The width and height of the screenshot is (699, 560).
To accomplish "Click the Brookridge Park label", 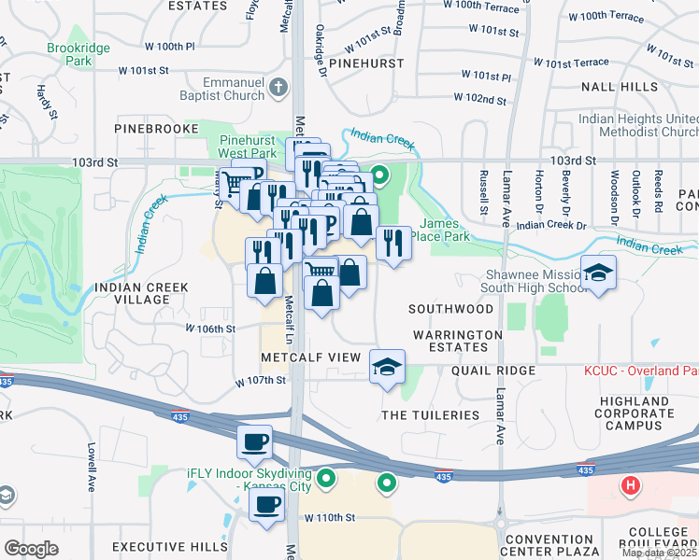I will tap(71, 52).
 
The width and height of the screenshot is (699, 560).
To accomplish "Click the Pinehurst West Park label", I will tap(249, 146).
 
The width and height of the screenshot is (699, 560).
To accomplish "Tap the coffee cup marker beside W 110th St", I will tap(268, 505).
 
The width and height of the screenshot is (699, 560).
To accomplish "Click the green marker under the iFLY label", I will tap(326, 480).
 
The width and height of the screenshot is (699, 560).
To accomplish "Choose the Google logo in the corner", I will tap(32, 548).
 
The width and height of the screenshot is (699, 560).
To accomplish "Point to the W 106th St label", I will tap(210, 329).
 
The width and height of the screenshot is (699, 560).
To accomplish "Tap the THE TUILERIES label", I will tap(430, 414).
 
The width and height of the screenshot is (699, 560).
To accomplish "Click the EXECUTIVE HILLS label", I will tap(169, 546).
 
